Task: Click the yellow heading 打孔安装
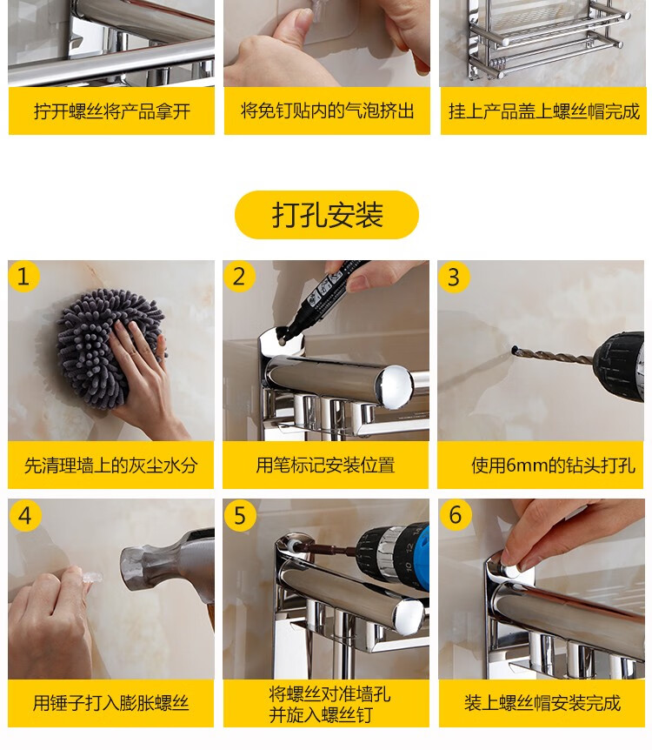pyautogui.click(x=327, y=215)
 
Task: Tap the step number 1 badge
pyautogui.click(x=23, y=277)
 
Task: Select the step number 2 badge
pyautogui.click(x=239, y=277)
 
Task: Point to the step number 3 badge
pyautogui.click(x=454, y=277)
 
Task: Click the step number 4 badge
pyautogui.click(x=24, y=516)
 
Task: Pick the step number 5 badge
pyautogui.click(x=239, y=516)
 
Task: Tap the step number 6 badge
pyautogui.click(x=455, y=515)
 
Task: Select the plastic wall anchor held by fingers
pyautogui.click(x=92, y=578)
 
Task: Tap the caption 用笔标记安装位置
pyautogui.click(x=325, y=465)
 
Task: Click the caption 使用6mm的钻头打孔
pyautogui.click(x=553, y=465)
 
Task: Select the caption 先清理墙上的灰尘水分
pyautogui.click(x=111, y=465)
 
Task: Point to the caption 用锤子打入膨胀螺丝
pyautogui.click(x=111, y=703)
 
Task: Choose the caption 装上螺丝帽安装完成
pyautogui.click(x=542, y=703)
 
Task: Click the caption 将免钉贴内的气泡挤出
pyautogui.click(x=327, y=111)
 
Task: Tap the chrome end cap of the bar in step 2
pyautogui.click(x=395, y=387)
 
